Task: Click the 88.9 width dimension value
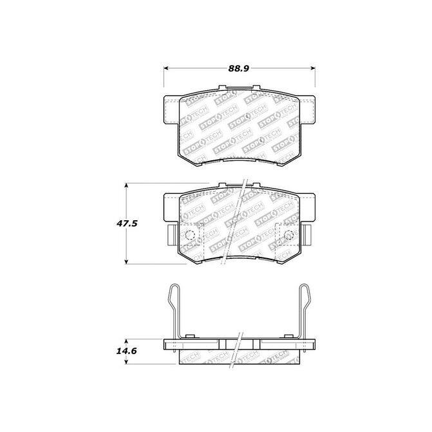(238, 69)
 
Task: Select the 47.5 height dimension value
(127, 223)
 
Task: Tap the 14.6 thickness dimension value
(126, 352)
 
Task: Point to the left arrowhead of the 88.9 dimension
(166, 68)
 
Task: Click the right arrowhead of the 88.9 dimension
(313, 68)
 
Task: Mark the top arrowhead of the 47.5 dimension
(126, 185)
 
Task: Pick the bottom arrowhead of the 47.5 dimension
(126, 261)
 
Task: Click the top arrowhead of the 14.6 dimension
(126, 342)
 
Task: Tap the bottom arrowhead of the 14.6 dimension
(126, 361)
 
